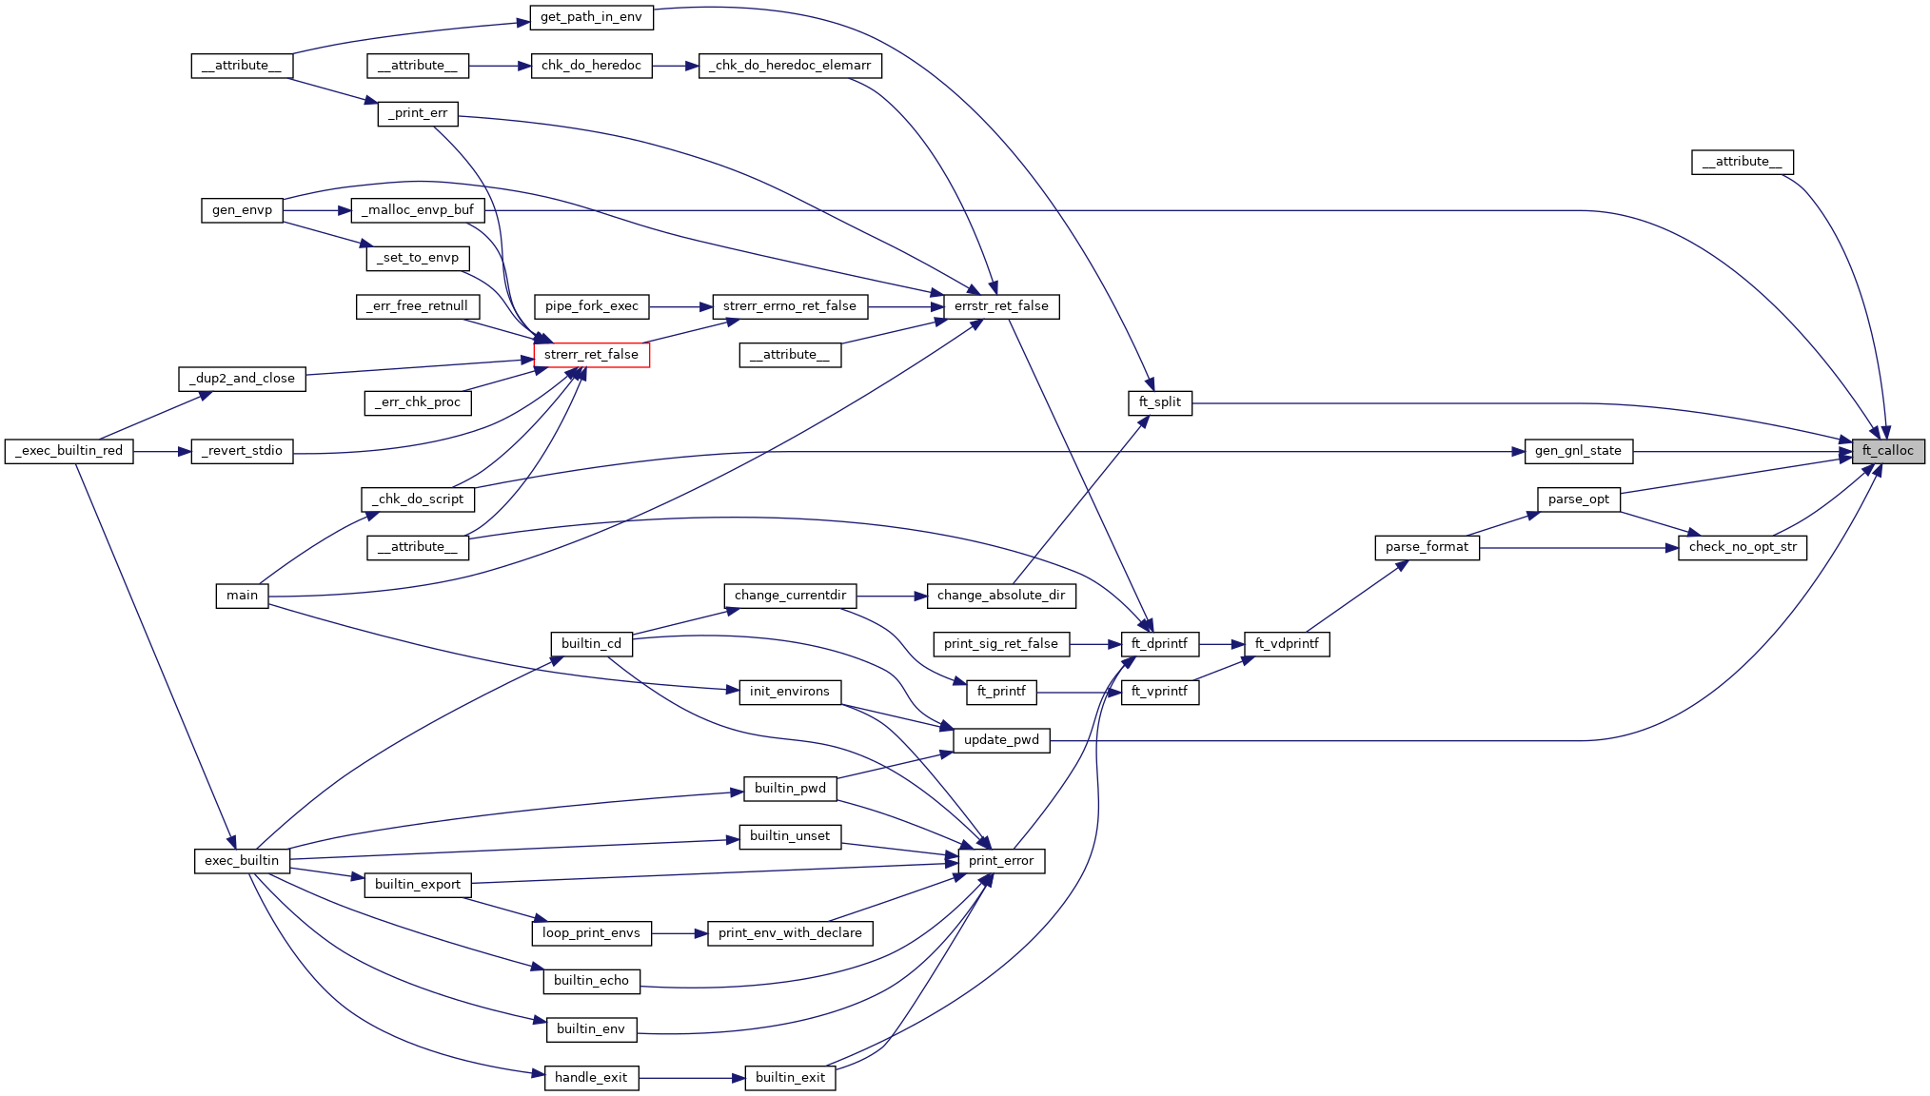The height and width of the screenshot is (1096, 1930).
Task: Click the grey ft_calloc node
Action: point(1887,451)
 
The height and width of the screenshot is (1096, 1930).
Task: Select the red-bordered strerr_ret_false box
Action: point(591,355)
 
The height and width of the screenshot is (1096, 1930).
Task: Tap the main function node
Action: point(242,596)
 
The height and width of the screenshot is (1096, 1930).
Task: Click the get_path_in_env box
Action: point(591,17)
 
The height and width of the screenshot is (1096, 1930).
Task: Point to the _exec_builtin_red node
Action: point(69,451)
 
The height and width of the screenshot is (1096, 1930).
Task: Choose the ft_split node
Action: point(1159,402)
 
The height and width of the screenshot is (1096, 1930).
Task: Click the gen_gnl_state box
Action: point(1578,451)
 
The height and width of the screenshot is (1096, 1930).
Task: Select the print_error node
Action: point(1000,861)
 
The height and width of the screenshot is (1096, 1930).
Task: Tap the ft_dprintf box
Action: point(1159,644)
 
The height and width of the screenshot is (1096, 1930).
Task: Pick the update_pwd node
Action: point(1001,740)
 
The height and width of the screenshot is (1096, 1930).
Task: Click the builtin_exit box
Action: point(790,1078)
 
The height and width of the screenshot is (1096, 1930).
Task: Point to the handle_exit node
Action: point(591,1078)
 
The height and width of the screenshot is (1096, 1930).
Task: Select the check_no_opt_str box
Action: point(1743,547)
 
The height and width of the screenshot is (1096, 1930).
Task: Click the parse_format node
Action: point(1427,547)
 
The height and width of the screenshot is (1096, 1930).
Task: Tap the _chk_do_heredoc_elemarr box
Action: point(790,66)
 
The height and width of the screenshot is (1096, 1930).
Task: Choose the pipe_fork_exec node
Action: point(591,306)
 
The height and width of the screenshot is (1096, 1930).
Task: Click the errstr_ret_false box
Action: point(1001,306)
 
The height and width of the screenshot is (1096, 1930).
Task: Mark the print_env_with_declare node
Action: point(790,933)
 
